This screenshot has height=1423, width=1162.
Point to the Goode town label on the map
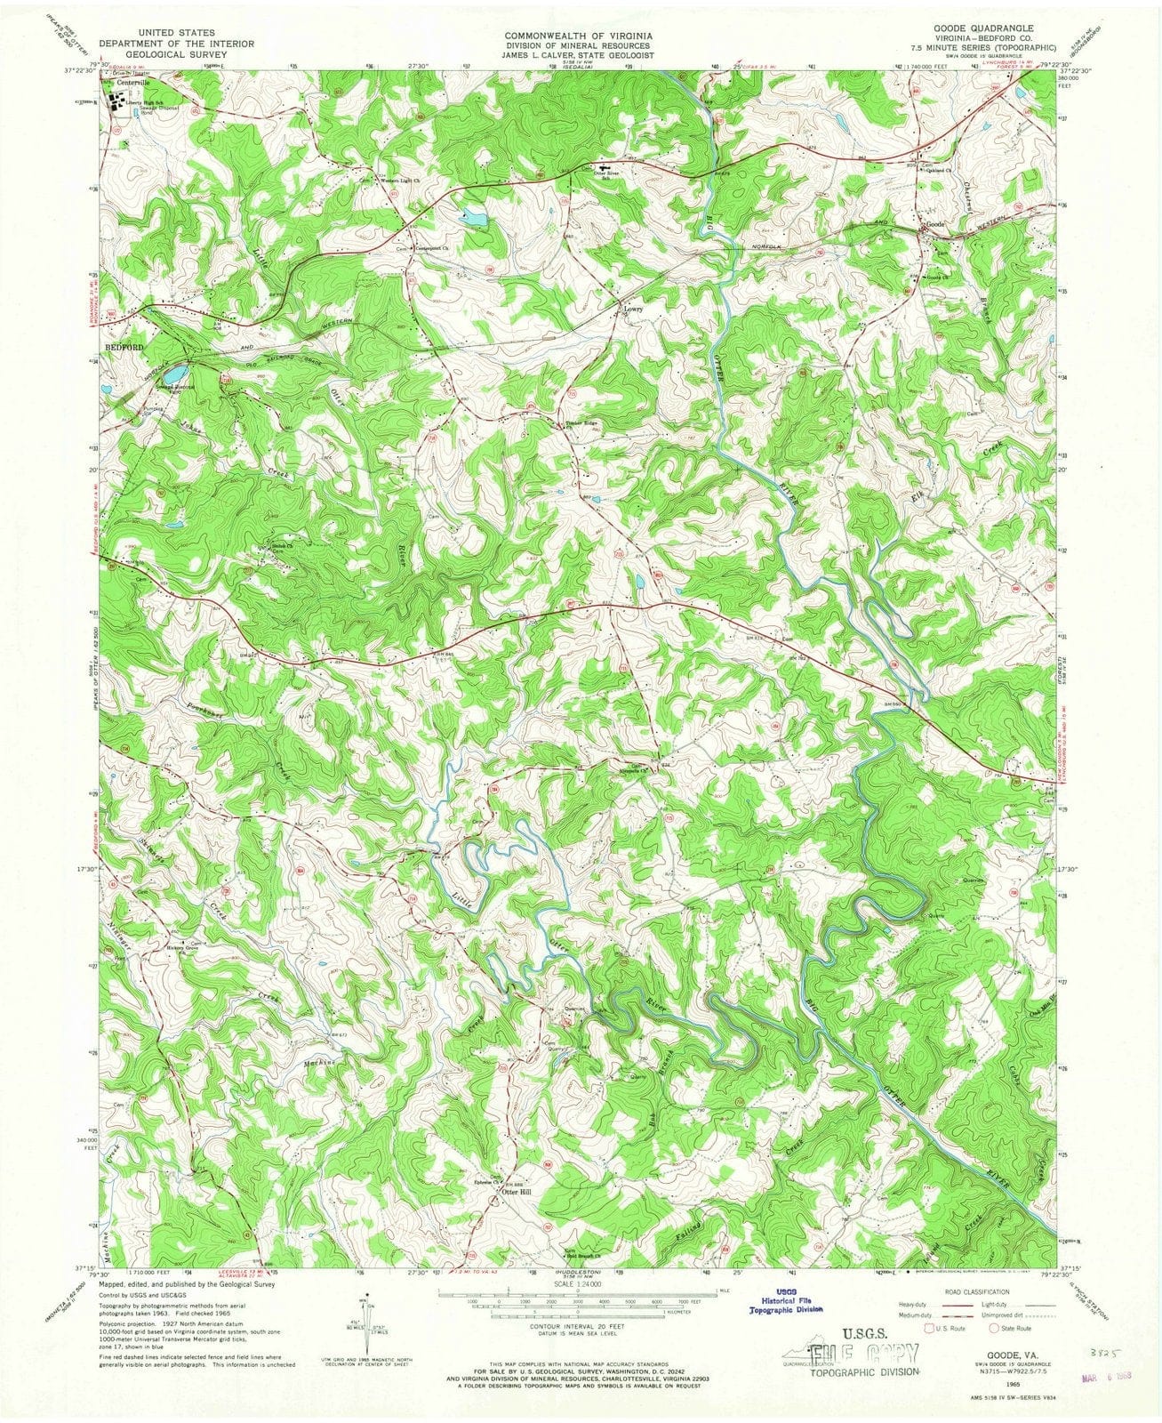coord(935,225)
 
